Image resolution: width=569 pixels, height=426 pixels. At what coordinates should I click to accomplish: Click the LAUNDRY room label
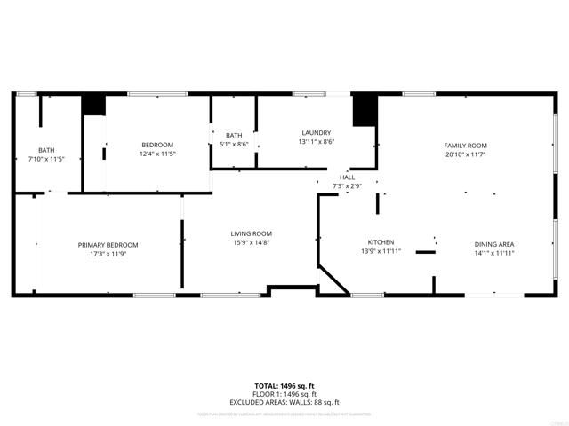316,133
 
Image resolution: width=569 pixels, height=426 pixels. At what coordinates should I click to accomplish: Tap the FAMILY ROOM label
465,146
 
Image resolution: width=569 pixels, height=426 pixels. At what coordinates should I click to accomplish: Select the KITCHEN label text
381,242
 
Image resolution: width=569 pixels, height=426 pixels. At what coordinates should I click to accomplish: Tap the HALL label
347,177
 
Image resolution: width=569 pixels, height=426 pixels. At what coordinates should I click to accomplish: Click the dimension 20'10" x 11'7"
465,154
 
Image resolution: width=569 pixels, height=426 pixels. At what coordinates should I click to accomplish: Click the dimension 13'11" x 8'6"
316,142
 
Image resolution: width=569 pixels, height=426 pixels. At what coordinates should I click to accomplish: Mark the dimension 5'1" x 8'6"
234,144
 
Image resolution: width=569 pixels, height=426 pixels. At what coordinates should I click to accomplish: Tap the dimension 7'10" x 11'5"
46,159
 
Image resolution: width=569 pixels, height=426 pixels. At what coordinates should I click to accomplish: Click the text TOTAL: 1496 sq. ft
284,386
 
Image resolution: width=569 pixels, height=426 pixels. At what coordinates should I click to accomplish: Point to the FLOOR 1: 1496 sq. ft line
284,393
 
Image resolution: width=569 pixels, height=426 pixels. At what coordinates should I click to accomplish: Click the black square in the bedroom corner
93,104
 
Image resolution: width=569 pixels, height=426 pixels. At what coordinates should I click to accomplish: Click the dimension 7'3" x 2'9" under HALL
347,186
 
